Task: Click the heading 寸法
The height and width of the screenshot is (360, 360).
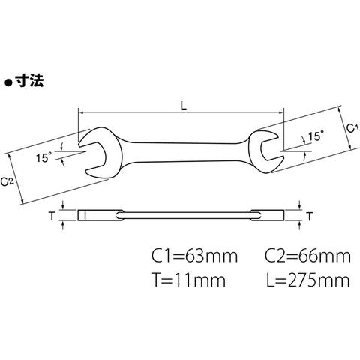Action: (29, 81)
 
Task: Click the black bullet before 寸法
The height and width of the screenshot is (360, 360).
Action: (9, 82)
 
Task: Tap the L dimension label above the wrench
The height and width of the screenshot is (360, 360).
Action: (184, 106)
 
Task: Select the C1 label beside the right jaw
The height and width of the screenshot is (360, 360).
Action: (352, 128)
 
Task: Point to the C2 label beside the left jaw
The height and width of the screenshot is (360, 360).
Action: (7, 181)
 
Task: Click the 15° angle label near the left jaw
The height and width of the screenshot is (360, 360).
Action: (43, 157)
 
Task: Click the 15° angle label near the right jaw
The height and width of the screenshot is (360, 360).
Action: (316, 136)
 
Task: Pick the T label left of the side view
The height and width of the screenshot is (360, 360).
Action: (52, 216)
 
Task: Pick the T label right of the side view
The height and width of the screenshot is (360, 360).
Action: (310, 217)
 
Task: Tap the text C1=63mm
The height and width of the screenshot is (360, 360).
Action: (195, 256)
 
